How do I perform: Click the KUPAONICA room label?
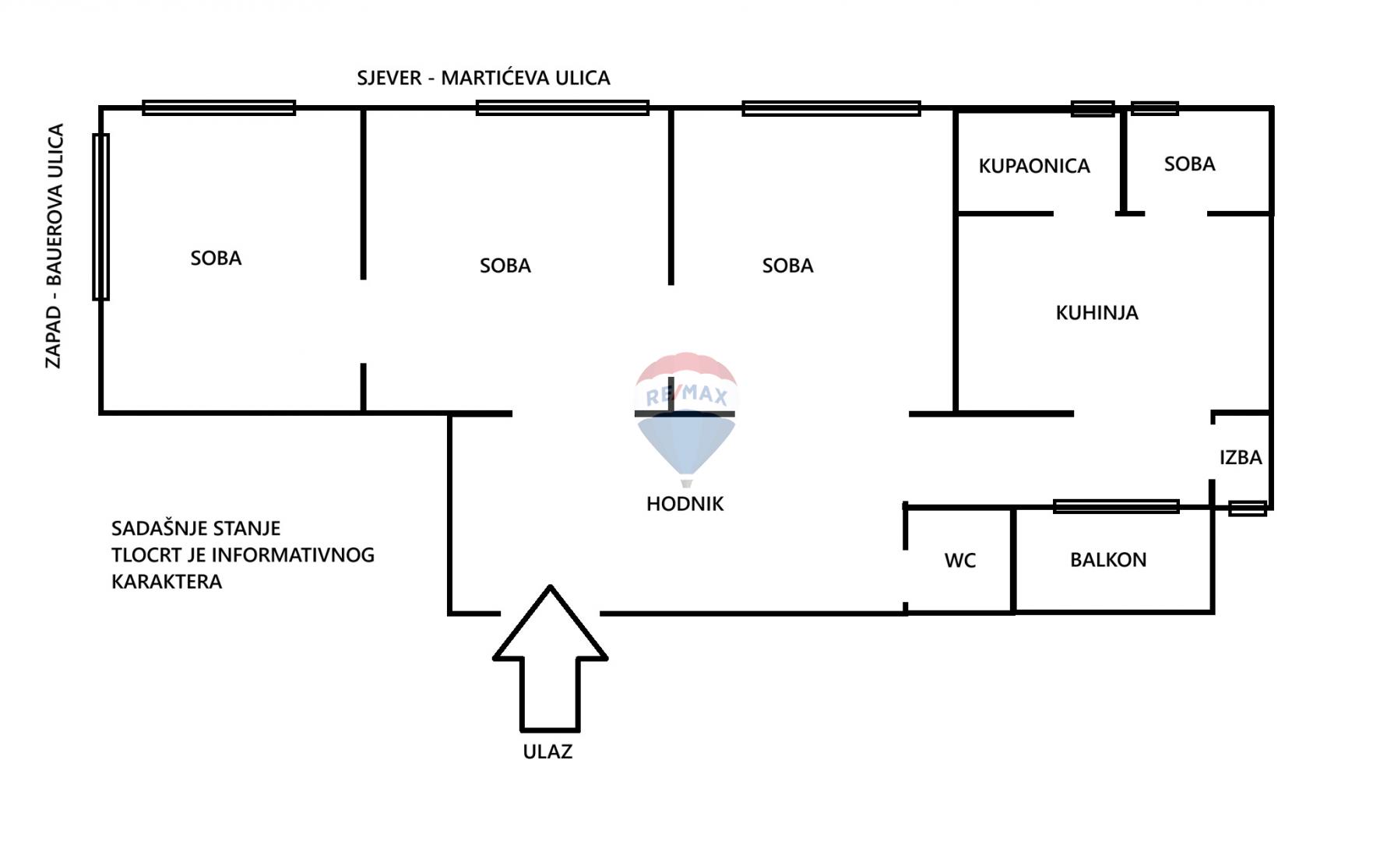(1034, 166)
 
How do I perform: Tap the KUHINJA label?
(1097, 313)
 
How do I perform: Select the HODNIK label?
(685, 504)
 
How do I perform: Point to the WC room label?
(959, 561)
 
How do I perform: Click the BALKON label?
(1108, 560)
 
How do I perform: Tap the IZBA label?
(1241, 457)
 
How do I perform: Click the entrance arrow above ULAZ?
(550, 658)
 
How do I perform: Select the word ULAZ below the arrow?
(547, 751)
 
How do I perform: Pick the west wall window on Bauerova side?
(101, 216)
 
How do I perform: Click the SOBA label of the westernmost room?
(216, 258)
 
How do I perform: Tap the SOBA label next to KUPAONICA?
(1189, 164)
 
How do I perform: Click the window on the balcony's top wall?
(1116, 507)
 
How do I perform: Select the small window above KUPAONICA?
(1093, 109)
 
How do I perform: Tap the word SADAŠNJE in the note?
(153, 528)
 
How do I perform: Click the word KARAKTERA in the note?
(167, 582)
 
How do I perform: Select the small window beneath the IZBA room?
(1248, 508)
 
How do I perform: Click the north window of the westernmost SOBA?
(219, 107)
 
